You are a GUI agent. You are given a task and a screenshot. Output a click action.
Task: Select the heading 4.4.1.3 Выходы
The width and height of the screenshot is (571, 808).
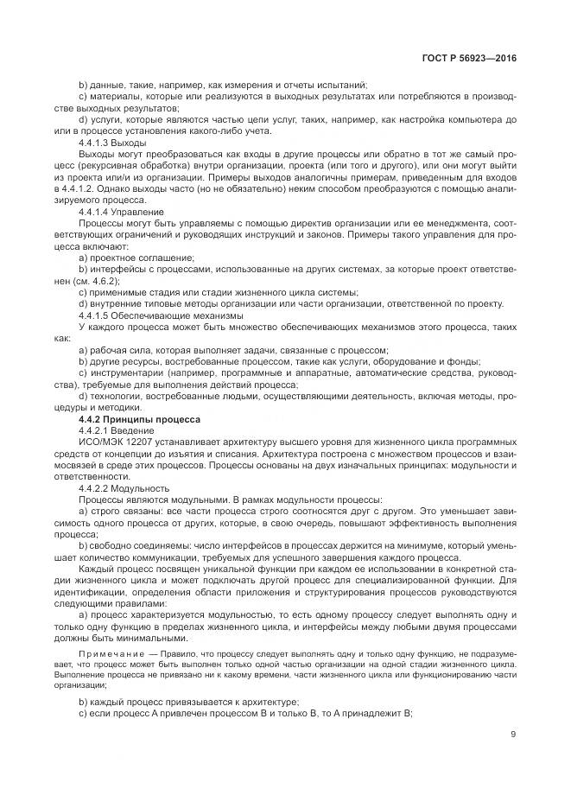coord(112,142)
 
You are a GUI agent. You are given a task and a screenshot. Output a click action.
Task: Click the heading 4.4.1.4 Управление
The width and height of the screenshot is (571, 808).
coord(120,211)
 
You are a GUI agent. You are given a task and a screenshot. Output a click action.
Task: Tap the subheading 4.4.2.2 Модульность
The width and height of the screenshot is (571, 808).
coord(124,487)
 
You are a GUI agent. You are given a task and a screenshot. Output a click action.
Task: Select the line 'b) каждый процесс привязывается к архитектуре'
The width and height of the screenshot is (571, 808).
coord(188,701)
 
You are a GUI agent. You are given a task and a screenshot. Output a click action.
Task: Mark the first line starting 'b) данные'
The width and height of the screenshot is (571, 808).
coord(223,84)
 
